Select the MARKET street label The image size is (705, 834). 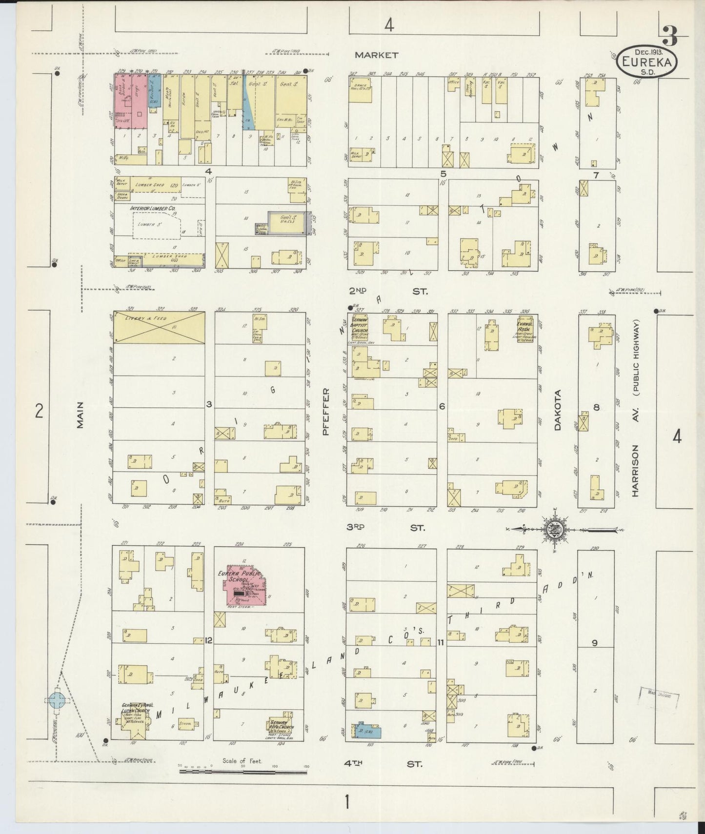click(x=376, y=55)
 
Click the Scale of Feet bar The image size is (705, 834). click(x=242, y=771)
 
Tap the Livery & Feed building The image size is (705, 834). click(x=159, y=328)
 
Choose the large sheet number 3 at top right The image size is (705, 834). click(x=669, y=36)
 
